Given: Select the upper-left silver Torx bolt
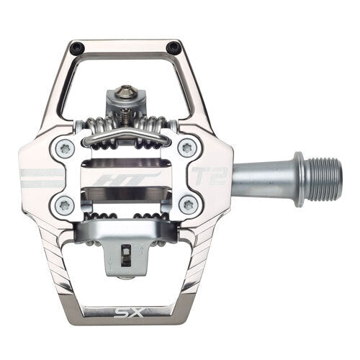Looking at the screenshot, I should click(x=64, y=149).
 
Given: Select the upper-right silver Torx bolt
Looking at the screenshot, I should click(x=188, y=148).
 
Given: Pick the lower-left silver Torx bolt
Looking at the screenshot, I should click(x=64, y=204).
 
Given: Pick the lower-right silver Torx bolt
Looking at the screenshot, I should click(x=188, y=204).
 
